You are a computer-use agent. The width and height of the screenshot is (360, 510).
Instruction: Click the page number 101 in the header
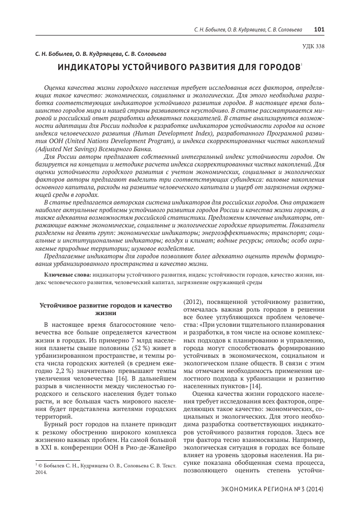[319, 29]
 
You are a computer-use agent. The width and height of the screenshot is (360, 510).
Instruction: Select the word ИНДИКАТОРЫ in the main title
[88, 67]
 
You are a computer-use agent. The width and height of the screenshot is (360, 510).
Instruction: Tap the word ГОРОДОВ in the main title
[276, 67]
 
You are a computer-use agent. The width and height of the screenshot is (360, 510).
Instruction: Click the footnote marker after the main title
[301, 64]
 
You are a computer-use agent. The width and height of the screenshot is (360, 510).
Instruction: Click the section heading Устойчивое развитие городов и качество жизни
[103, 309]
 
